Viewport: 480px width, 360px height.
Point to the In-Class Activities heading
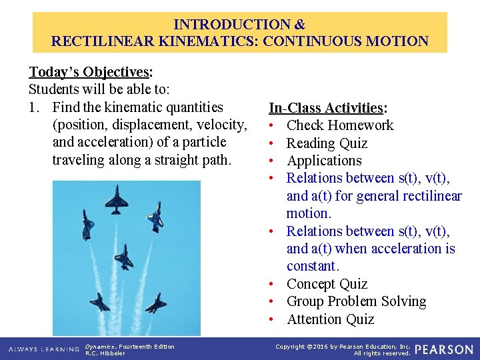tap(325, 108)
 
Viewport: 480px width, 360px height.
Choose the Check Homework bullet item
tap(339, 125)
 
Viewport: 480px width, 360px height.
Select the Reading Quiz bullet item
tap(327, 143)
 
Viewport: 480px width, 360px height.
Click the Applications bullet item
tap(324, 161)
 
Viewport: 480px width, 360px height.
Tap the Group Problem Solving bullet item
tap(356, 301)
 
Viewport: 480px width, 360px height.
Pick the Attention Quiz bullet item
tap(330, 319)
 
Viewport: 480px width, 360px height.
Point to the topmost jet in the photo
tap(117, 200)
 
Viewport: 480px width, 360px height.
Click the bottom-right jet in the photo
tap(155, 304)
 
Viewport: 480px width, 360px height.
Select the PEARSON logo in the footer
tap(445, 349)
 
